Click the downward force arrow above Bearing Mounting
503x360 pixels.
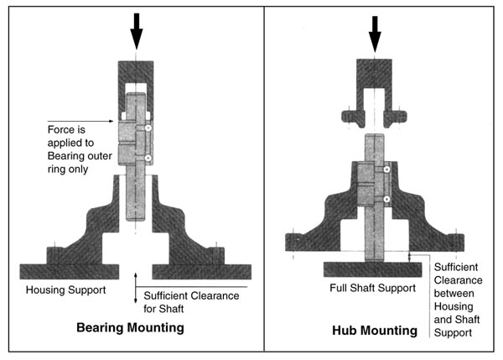click(137, 31)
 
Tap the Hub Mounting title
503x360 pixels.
click(374, 330)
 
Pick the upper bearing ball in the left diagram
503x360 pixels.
click(148, 129)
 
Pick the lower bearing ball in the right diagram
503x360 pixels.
click(386, 199)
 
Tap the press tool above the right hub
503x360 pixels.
click(375, 84)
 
